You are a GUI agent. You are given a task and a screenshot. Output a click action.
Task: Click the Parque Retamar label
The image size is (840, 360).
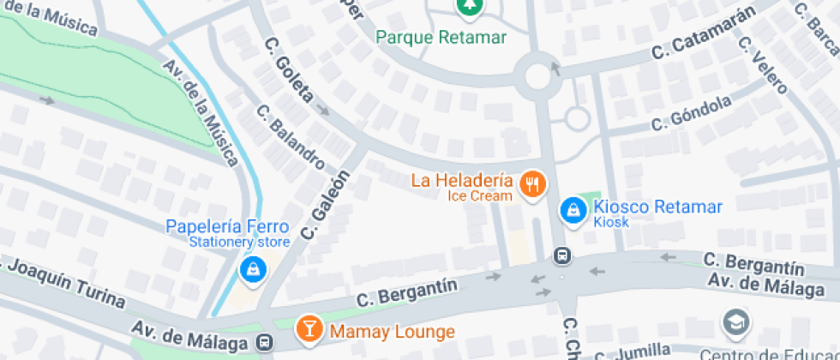pos(442,38)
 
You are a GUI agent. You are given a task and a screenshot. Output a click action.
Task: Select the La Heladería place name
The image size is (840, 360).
pos(462,181)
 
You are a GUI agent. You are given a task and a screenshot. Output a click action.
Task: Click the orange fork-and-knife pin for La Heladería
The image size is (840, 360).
pos(533,183)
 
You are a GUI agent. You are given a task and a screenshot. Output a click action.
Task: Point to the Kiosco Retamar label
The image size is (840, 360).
pos(658,207)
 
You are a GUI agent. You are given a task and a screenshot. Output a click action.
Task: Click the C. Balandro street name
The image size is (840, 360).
pos(291,136)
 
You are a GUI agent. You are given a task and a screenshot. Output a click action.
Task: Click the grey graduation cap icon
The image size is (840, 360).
pos(735,322)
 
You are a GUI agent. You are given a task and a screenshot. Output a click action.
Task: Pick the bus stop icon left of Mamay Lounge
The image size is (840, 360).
pos(266,342)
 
